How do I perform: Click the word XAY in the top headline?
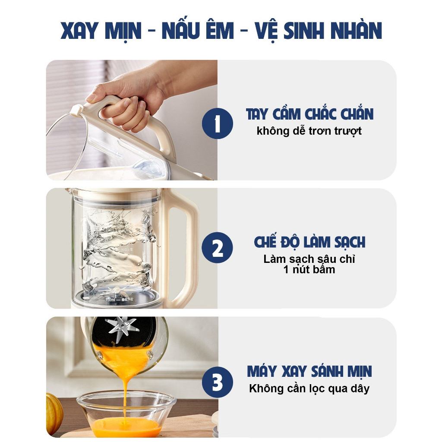(79, 31)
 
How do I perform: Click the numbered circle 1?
(218, 123)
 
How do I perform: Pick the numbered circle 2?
(218, 248)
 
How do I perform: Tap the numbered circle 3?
(218, 382)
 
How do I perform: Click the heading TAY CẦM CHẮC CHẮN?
(309, 114)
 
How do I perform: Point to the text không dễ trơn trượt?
(309, 131)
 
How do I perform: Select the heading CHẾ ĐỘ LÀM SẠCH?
(309, 241)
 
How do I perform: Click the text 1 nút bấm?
(309, 270)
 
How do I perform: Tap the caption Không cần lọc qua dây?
(309, 389)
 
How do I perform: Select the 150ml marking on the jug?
(110, 300)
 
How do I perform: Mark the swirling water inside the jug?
(118, 248)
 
